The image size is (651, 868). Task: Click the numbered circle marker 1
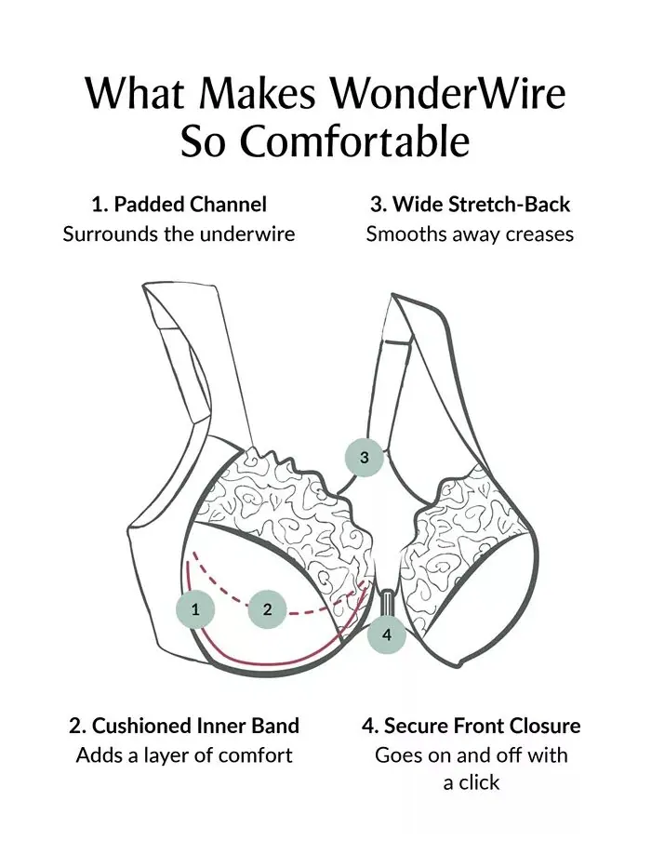[x=195, y=610]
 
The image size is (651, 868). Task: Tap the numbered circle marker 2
[x=268, y=610]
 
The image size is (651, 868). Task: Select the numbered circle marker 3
[x=364, y=458]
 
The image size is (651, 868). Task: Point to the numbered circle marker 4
[x=386, y=634]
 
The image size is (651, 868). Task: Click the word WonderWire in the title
[x=448, y=93]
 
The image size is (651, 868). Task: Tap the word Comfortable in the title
[x=353, y=140]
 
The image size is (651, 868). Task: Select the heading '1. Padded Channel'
[x=179, y=205]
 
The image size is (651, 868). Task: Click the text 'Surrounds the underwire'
[x=179, y=234]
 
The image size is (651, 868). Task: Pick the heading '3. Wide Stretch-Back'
[x=470, y=205]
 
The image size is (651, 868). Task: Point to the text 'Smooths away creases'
[x=470, y=234]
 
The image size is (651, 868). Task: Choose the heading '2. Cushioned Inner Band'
[x=184, y=725]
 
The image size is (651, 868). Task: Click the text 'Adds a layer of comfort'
[x=184, y=754]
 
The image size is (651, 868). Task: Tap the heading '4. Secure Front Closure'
[x=472, y=725]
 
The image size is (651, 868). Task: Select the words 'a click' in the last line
[x=472, y=782]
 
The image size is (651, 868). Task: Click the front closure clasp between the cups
[x=386, y=601]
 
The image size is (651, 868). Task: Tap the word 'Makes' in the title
[x=258, y=93]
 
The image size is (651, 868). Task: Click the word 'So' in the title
[x=202, y=140]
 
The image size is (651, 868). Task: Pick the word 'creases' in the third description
[x=539, y=234]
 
